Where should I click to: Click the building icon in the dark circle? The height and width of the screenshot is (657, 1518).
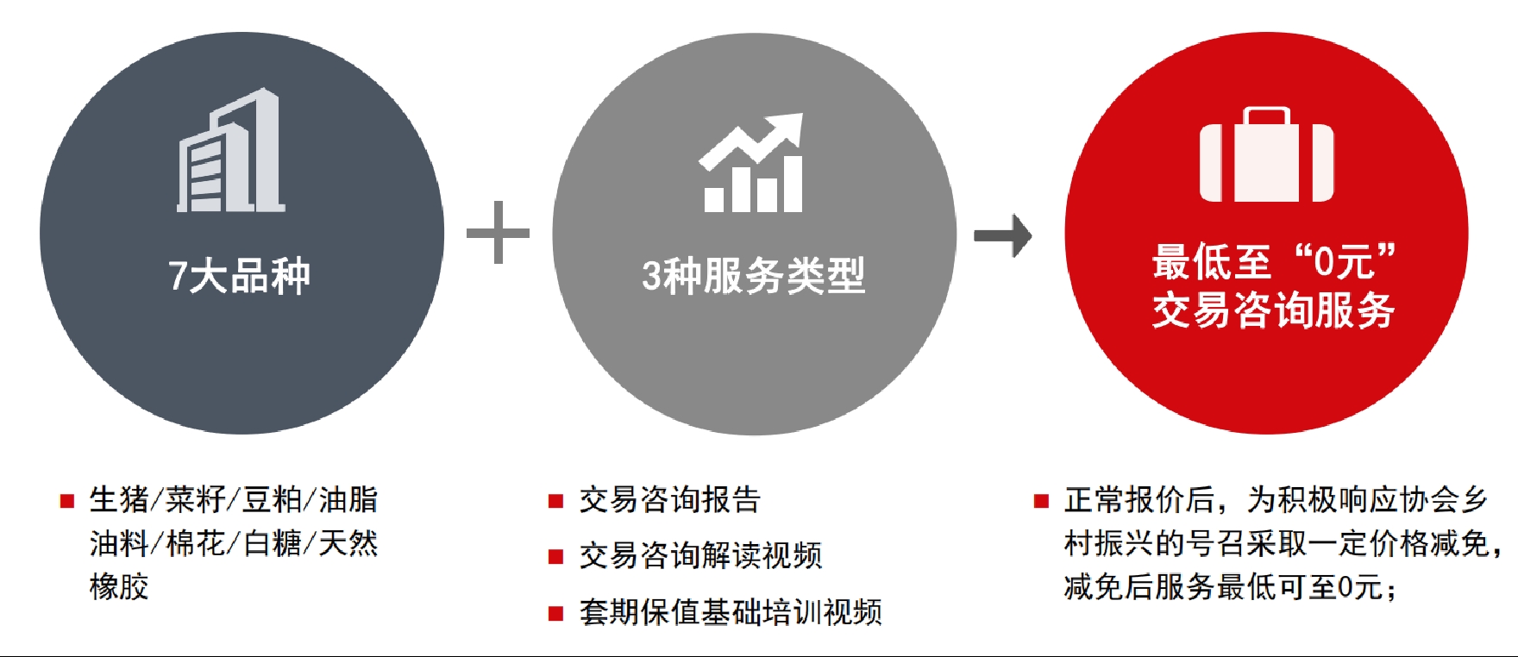(x=230, y=151)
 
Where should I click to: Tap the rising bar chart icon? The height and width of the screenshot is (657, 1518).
(x=752, y=163)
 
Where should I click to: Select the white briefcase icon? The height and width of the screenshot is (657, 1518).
(x=1266, y=154)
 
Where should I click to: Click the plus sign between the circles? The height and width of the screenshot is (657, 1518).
(x=498, y=233)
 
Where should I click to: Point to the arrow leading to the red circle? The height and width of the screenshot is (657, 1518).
(x=1002, y=235)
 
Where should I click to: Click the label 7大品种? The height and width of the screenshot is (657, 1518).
(x=239, y=276)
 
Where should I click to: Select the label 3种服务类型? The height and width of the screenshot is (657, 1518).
(x=753, y=276)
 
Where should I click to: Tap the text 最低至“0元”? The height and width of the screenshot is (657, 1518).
(x=1273, y=260)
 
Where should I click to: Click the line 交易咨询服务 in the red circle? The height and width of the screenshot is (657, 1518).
(x=1273, y=310)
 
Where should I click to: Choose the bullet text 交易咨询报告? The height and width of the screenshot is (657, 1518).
(x=669, y=499)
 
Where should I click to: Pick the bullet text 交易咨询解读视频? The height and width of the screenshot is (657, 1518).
(x=700, y=555)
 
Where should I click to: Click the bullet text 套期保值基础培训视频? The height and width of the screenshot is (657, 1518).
(x=731, y=611)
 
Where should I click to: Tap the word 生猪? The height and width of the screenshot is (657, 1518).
(x=119, y=499)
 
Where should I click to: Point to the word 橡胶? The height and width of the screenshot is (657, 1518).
(x=119, y=586)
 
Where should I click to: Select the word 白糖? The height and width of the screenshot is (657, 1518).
(x=273, y=543)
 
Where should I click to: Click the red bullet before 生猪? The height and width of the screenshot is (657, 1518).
(x=66, y=501)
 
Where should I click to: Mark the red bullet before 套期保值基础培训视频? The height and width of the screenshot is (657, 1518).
(x=556, y=614)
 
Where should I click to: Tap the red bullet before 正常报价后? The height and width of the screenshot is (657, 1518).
(x=1042, y=501)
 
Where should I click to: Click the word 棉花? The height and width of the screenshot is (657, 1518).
(x=196, y=543)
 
